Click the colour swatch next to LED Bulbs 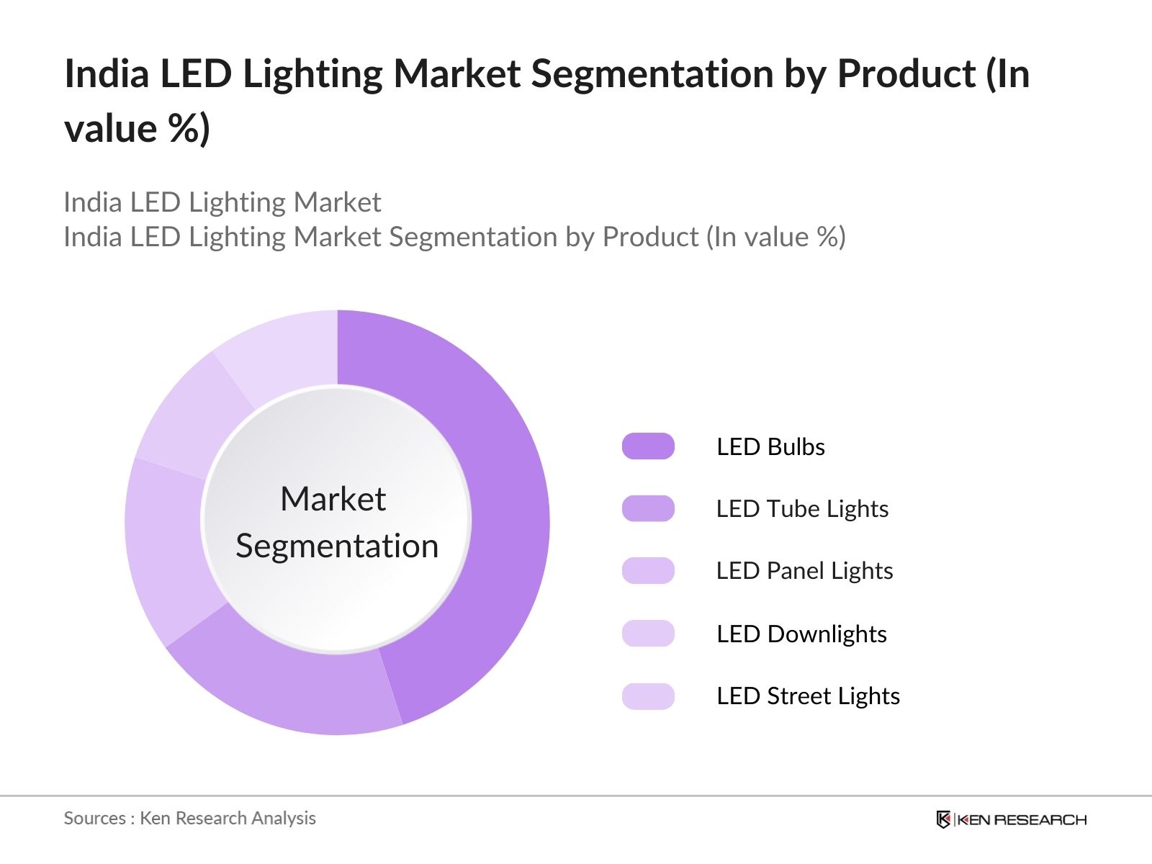tap(648, 446)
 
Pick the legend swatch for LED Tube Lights tap(648, 508)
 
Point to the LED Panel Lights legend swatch tap(648, 570)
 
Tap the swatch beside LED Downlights tap(648, 634)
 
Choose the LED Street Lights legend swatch tap(648, 696)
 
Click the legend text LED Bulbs tap(770, 447)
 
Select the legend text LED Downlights tap(801, 634)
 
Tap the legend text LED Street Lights tap(808, 696)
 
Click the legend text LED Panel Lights tap(804, 571)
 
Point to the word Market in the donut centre tap(333, 499)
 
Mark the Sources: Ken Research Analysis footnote tap(190, 819)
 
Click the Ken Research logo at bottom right tap(1011, 819)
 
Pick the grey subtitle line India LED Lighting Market tap(222, 203)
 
